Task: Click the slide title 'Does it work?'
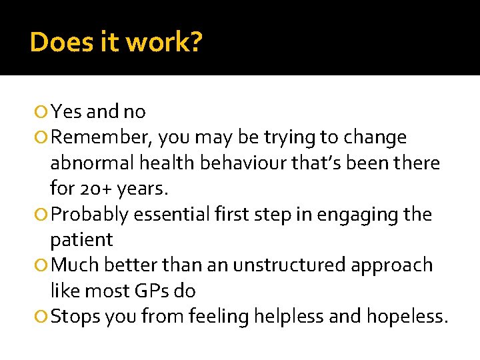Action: coord(116,43)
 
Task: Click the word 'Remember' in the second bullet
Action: coord(103,138)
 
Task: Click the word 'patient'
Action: coord(81,240)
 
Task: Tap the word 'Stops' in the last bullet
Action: coord(75,317)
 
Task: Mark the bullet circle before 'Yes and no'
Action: coord(44,112)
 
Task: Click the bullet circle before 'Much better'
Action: coord(44,266)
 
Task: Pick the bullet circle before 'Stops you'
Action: coord(44,317)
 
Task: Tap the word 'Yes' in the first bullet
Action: coord(65,111)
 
